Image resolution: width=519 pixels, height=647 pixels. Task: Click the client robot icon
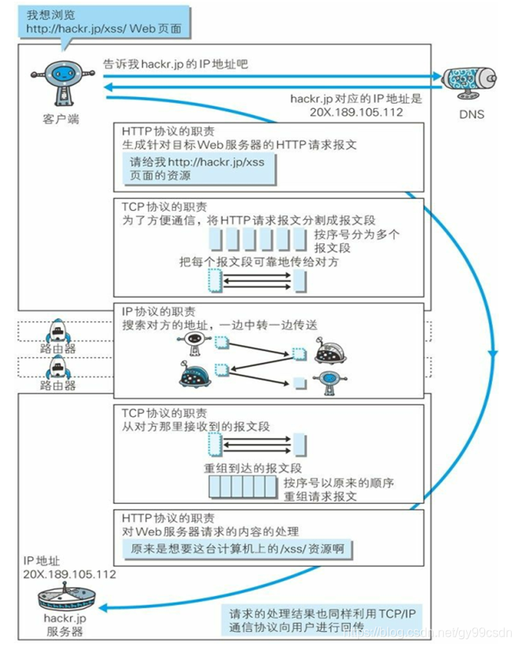click(x=60, y=82)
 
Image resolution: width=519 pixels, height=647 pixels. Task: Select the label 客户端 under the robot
click(x=61, y=118)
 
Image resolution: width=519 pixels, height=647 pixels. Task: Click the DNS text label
click(x=471, y=115)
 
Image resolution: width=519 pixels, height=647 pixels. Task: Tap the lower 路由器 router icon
click(x=59, y=367)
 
